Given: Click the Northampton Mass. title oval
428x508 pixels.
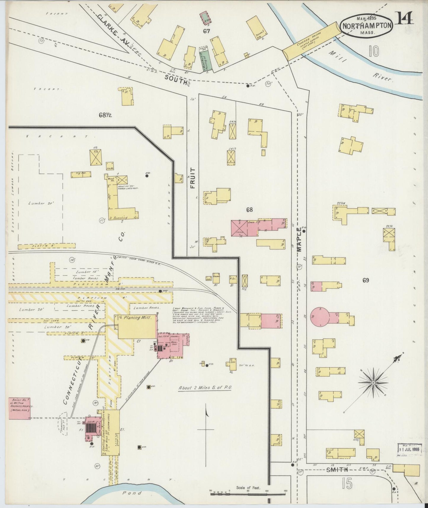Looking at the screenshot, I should (367, 25).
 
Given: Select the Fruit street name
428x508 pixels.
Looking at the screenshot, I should (193, 178).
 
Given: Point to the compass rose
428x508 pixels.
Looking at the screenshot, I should (374, 383).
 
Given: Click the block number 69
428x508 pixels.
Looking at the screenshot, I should (366, 280).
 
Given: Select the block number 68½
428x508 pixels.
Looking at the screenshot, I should (105, 115).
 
